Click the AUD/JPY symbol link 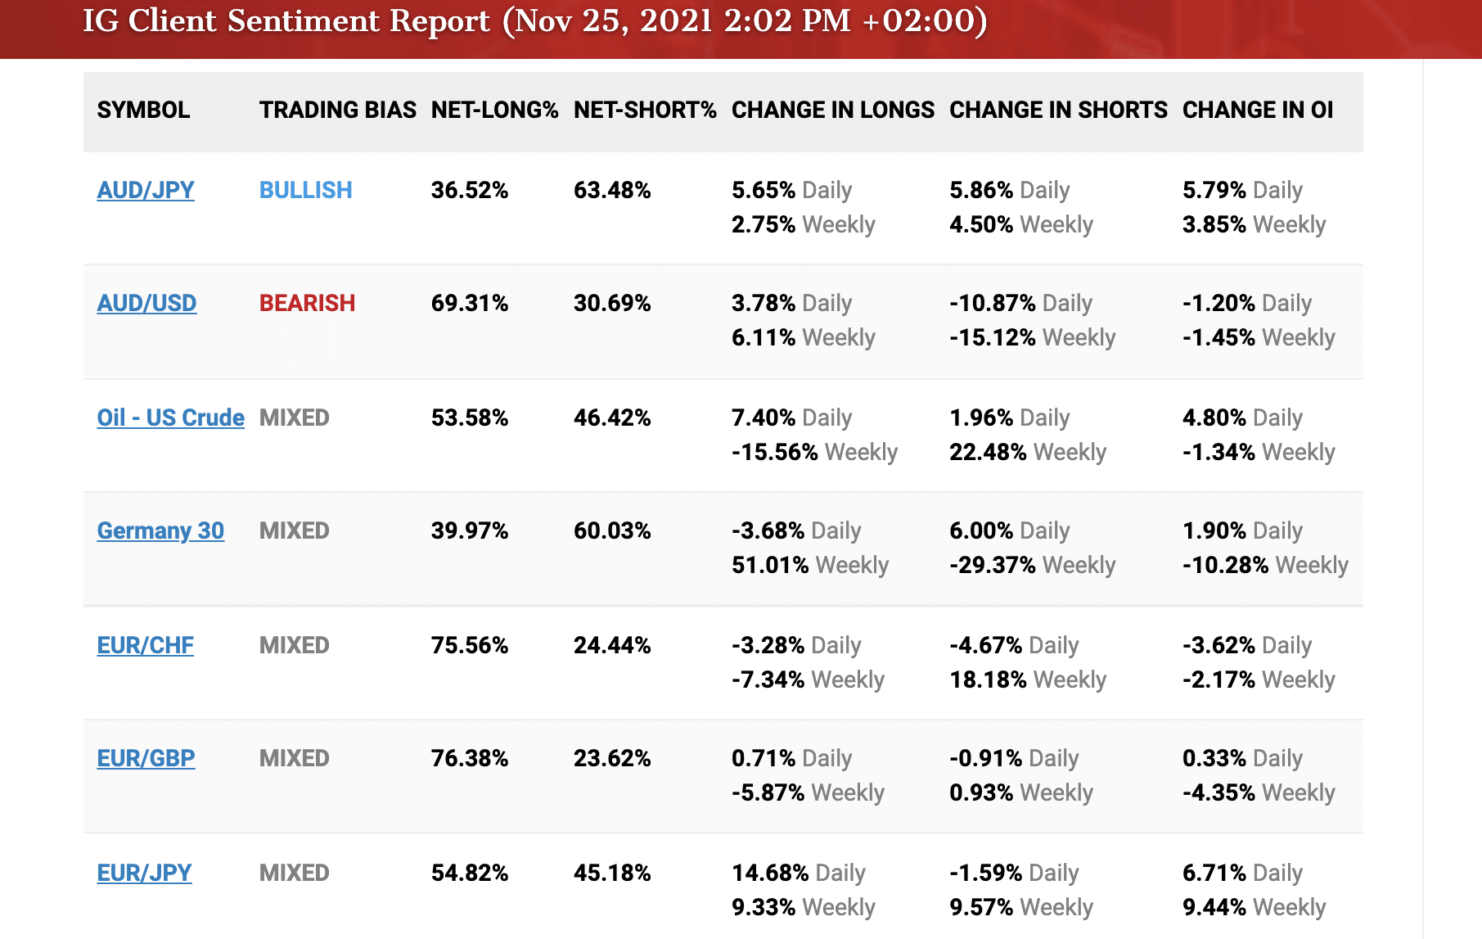(146, 190)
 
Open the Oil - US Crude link (170, 418)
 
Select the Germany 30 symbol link (160, 530)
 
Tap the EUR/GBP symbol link (146, 758)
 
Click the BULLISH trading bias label (305, 190)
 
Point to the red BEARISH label (307, 303)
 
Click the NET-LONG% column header (494, 110)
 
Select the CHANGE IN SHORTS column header (1058, 110)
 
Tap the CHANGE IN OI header (1258, 110)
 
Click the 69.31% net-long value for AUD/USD (470, 303)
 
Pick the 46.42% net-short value (612, 418)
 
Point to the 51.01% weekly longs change (770, 565)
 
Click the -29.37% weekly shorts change (993, 565)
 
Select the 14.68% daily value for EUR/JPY (770, 873)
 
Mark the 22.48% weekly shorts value (988, 452)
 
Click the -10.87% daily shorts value (993, 303)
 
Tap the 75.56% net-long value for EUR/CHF (470, 645)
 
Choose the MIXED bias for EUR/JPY (294, 873)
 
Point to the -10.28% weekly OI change (1225, 565)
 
